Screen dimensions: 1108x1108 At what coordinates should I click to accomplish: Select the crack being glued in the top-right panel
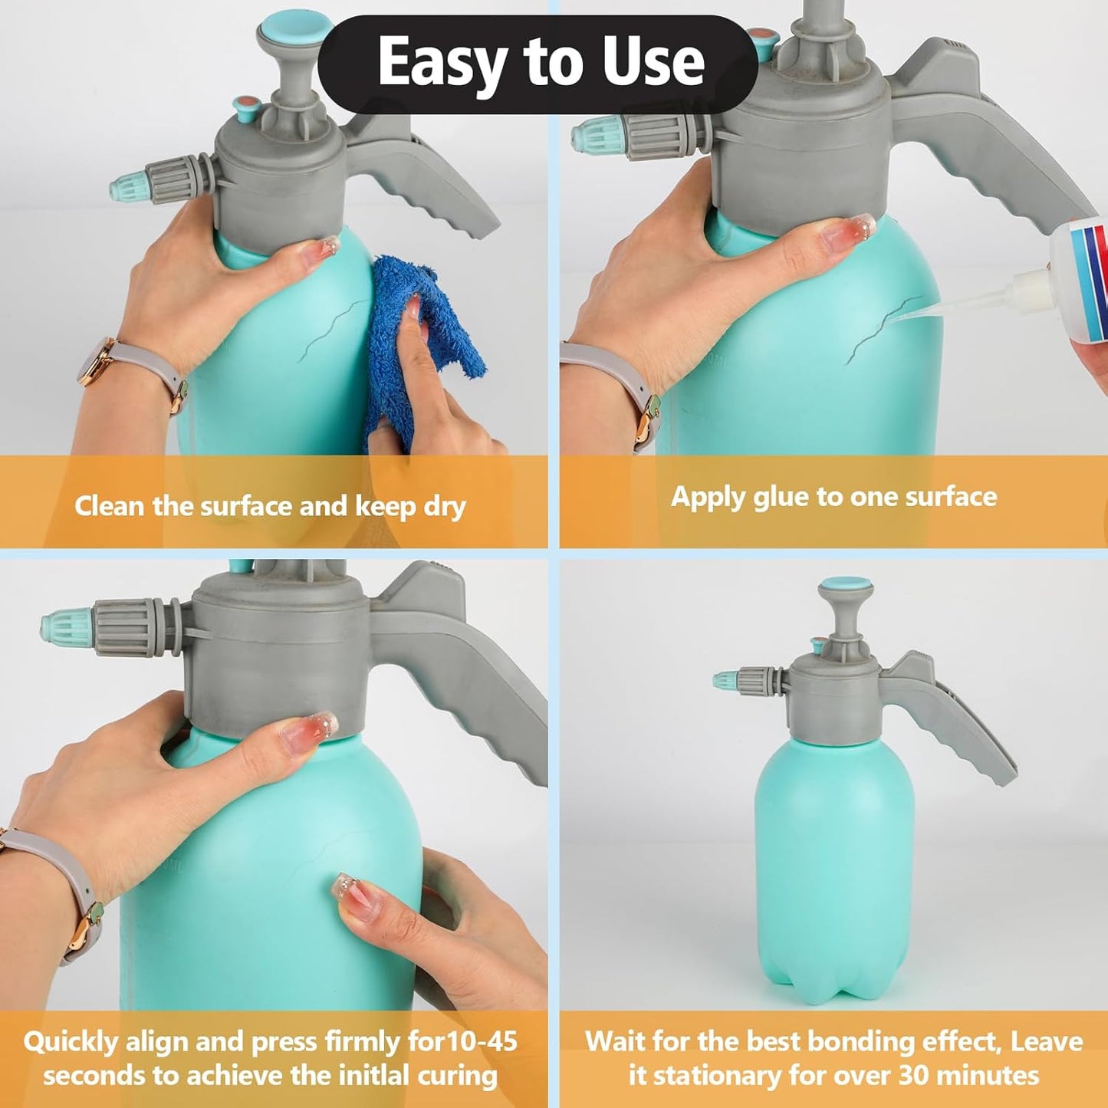[x=882, y=326]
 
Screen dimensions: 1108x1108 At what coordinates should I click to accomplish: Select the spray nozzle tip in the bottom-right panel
[x=725, y=679]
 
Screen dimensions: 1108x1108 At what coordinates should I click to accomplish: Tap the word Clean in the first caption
[x=110, y=506]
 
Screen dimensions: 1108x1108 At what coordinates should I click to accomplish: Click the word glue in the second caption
[x=781, y=497]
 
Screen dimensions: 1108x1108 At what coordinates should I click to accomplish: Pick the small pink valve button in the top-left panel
[x=245, y=107]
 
